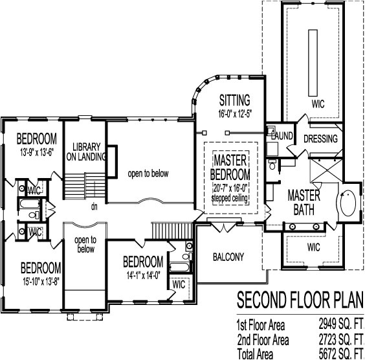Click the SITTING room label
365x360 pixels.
(x=234, y=100)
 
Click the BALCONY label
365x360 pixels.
(x=228, y=257)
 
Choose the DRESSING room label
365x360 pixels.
(x=320, y=139)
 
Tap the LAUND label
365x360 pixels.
(x=282, y=137)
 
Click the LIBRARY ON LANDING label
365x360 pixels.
(x=85, y=151)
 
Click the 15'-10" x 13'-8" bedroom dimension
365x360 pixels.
(x=40, y=280)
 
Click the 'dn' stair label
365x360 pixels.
(x=94, y=207)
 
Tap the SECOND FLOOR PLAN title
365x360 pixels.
(x=298, y=301)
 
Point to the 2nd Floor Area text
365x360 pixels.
(x=262, y=339)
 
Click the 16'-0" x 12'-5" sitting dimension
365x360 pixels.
(x=234, y=114)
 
